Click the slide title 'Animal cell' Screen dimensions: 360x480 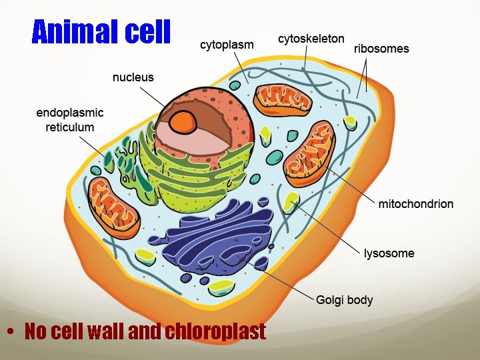(x=101, y=31)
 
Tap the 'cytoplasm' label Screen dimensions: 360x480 (x=227, y=45)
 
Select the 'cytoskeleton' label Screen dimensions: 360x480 (x=311, y=39)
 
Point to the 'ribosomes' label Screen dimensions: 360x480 (x=381, y=49)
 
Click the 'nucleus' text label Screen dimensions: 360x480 (x=133, y=77)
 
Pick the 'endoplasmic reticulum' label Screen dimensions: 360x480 (x=69, y=120)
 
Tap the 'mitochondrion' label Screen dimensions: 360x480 (x=415, y=204)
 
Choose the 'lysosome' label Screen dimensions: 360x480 (x=389, y=253)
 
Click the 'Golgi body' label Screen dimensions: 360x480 (x=344, y=300)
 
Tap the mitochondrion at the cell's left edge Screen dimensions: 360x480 (x=114, y=207)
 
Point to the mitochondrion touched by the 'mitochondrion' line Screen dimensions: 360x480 (x=309, y=153)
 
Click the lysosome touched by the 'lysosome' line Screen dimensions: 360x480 (x=291, y=201)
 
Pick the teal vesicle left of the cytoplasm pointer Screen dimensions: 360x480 (x=235, y=85)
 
